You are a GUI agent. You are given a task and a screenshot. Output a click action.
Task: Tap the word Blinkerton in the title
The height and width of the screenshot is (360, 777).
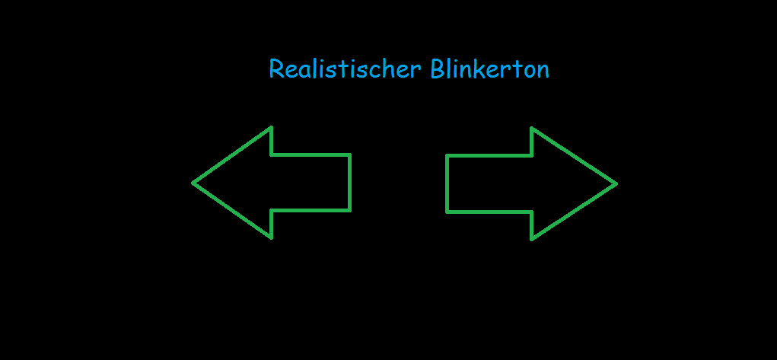(489, 69)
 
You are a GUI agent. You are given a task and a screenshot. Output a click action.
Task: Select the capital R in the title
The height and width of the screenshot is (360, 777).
(276, 69)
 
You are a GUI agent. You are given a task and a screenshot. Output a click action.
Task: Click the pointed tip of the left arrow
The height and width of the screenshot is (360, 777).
(193, 183)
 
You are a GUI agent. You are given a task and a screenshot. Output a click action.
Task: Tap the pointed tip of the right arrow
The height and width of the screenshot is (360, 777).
(616, 184)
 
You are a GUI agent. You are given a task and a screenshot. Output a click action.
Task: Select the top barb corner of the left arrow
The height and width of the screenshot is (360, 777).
(271, 127)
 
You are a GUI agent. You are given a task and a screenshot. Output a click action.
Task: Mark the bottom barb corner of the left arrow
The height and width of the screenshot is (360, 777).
(271, 238)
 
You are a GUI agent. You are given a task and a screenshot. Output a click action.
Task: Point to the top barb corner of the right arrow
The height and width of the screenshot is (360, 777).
(531, 129)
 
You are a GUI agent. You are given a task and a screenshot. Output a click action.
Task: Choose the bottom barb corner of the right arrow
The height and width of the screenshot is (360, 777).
(531, 240)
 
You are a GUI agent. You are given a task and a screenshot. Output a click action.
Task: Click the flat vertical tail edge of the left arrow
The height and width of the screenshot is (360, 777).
(350, 183)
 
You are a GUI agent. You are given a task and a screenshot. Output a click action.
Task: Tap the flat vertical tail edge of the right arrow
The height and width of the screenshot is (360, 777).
(447, 184)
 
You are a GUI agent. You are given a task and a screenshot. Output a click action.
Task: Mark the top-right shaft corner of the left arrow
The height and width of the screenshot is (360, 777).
(350, 155)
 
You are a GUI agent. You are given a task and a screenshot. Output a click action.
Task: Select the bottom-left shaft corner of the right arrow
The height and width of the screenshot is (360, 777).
(447, 212)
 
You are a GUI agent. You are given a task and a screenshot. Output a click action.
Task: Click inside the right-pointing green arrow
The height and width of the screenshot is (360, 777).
(521, 184)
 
